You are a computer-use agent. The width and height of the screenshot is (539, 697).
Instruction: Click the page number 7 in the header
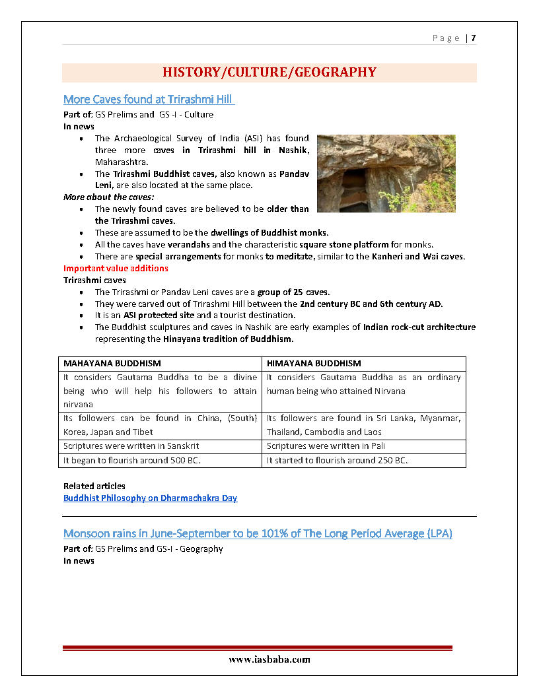(x=474, y=38)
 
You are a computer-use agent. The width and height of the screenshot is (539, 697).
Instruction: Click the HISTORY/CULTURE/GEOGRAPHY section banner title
(x=269, y=73)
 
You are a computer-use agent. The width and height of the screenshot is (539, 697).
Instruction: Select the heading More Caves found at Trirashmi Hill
(x=149, y=100)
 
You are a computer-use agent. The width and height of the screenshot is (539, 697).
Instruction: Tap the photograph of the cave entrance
(x=386, y=174)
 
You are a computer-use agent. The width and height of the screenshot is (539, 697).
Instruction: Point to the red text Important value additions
(x=116, y=268)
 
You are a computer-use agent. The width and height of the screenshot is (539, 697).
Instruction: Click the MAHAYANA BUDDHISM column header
(x=112, y=363)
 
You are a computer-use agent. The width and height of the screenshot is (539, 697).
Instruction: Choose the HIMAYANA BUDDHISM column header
(x=314, y=363)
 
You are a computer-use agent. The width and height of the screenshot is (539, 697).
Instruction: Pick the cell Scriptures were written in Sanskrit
(x=131, y=446)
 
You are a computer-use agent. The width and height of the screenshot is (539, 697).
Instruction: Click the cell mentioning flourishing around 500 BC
(x=132, y=460)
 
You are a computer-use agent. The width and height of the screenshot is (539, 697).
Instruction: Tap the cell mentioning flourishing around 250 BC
(x=337, y=460)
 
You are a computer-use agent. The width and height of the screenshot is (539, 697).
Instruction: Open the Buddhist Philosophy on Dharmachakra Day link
(x=150, y=498)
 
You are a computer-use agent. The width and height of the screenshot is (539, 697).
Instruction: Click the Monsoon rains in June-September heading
(x=258, y=533)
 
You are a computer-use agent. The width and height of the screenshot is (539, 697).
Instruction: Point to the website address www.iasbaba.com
(x=269, y=659)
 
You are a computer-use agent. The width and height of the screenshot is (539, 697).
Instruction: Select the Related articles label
(x=94, y=486)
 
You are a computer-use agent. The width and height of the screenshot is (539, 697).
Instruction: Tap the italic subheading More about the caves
(x=109, y=197)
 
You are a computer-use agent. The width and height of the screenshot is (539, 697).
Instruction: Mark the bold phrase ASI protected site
(x=159, y=315)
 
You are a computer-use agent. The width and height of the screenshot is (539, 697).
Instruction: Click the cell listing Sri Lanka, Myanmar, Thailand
(x=364, y=425)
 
